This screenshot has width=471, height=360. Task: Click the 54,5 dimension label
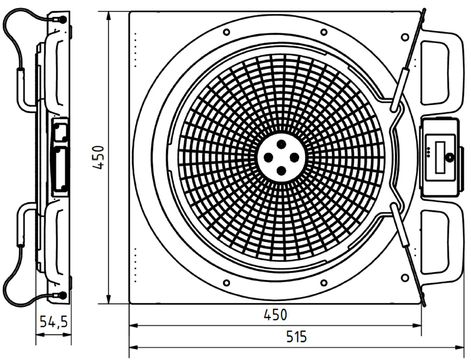(x=54, y=322)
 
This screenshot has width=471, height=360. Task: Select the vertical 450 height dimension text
(x=99, y=158)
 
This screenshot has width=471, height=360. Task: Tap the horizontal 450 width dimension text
(x=275, y=315)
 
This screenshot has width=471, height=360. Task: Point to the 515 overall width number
(x=296, y=336)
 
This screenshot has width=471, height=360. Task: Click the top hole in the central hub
(x=281, y=144)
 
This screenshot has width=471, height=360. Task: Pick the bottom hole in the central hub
(x=281, y=171)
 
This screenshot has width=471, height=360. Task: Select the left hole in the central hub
(x=268, y=158)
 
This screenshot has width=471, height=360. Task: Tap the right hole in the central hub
(x=294, y=158)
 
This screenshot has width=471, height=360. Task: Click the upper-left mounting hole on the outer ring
(x=226, y=32)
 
